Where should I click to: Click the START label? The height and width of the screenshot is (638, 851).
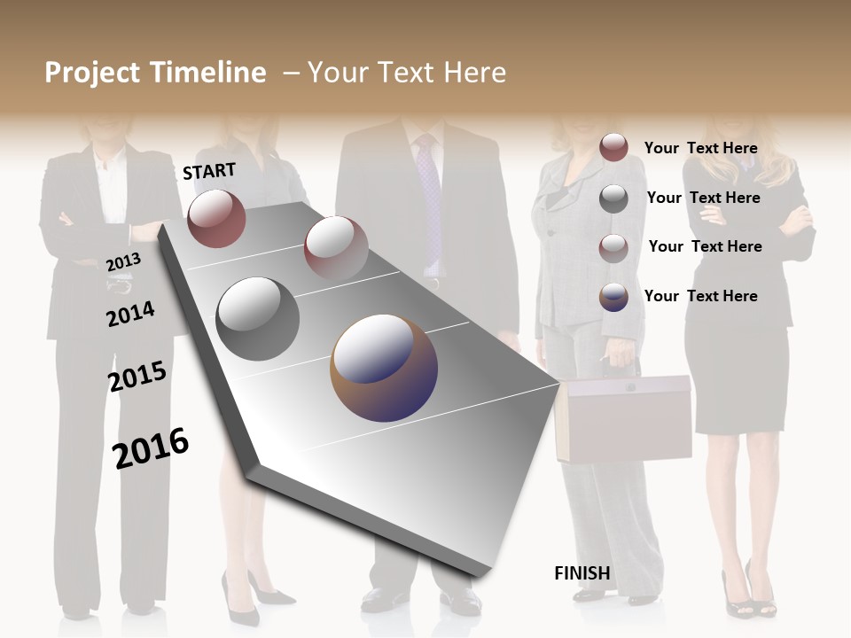tap(209, 171)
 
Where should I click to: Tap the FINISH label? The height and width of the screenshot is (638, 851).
tap(582, 573)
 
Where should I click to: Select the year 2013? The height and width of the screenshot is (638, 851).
tap(123, 261)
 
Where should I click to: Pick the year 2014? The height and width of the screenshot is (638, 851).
tap(130, 314)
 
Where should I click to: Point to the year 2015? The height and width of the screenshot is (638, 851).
tap(137, 377)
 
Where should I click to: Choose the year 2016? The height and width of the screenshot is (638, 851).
tap(151, 447)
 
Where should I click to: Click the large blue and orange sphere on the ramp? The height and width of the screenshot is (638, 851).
tap(384, 368)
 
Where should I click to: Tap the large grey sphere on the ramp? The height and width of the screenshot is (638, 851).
tap(258, 318)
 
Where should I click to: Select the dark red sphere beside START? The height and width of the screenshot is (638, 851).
tap(216, 218)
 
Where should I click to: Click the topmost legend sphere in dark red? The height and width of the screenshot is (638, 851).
tap(613, 147)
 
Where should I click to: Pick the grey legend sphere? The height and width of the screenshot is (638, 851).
tap(613, 198)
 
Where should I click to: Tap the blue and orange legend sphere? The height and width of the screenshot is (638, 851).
tap(613, 297)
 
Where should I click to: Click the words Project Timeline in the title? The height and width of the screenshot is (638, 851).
tap(155, 73)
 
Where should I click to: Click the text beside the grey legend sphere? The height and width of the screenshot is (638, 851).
tap(703, 198)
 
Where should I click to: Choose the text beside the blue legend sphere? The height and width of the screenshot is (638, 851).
tap(700, 296)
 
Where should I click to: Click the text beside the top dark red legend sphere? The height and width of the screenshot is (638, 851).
tap(700, 148)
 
